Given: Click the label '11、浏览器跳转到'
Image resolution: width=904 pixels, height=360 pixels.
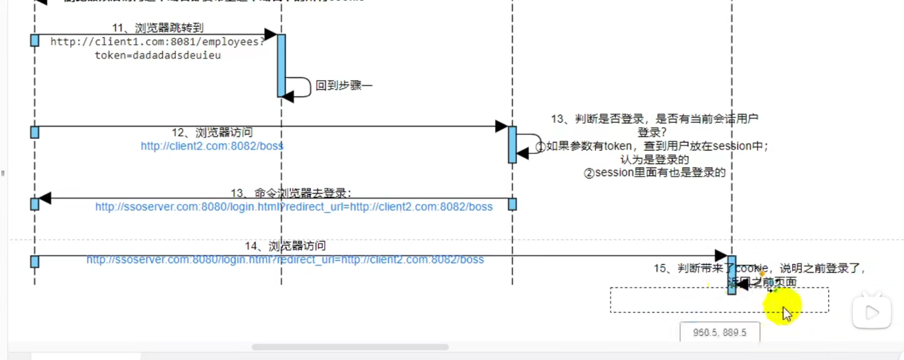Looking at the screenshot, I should click(158, 28).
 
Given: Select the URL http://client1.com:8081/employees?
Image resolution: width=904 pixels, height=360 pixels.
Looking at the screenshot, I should click(158, 41).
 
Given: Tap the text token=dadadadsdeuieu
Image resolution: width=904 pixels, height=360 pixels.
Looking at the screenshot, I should click(158, 55).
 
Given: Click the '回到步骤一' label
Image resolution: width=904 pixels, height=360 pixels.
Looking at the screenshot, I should click(343, 86).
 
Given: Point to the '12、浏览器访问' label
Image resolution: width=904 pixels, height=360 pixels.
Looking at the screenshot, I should click(212, 132).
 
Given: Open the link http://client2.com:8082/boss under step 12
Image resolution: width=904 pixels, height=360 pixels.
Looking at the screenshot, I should click(212, 146).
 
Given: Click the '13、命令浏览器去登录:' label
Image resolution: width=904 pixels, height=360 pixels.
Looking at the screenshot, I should click(293, 193).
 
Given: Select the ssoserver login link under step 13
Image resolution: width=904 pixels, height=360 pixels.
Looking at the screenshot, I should click(294, 207).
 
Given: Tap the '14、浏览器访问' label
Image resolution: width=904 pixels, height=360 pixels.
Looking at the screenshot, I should click(285, 246).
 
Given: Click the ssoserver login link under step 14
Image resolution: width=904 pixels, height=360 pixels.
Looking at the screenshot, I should click(285, 260).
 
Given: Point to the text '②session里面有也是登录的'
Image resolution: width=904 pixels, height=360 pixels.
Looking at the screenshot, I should click(654, 173).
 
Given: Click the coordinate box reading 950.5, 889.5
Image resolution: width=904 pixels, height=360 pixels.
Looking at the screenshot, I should click(720, 332).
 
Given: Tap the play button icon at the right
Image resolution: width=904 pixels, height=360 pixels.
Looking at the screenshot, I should click(872, 313).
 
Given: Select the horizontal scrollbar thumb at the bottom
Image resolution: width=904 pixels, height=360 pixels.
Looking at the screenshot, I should click(350, 347).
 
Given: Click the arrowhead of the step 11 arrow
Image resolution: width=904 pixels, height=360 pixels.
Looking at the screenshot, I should click(270, 34).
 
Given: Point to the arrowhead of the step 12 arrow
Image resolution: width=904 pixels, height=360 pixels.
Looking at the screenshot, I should click(501, 126).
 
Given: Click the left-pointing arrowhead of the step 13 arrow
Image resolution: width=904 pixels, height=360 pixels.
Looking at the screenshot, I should click(45, 199).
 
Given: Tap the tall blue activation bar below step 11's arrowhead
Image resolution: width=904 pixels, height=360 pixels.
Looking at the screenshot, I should click(281, 66).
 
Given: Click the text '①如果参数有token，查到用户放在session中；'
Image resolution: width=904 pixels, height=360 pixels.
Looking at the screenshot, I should click(657, 146).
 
